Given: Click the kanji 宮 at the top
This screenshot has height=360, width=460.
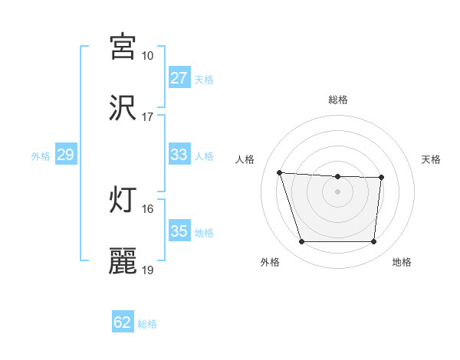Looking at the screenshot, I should (123, 47).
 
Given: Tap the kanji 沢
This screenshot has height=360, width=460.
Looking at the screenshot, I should (123, 107).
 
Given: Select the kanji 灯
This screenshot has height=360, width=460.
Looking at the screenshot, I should (123, 199).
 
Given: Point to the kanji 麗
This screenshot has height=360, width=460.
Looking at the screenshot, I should (123, 260).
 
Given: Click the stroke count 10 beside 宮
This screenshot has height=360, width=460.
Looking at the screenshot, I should (147, 56).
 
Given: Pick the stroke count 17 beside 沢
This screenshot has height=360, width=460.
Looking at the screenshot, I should (147, 117).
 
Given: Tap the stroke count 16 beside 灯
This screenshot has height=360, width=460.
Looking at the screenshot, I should (147, 208).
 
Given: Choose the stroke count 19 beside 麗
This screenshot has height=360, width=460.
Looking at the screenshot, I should (147, 270).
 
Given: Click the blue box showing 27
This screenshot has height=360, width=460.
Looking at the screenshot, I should (179, 78).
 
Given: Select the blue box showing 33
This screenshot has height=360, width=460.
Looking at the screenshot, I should (179, 155).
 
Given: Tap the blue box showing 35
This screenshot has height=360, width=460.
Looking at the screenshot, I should (179, 231).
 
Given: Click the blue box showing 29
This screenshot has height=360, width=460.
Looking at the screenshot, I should (65, 155).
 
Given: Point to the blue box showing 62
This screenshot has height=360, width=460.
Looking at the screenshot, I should (123, 322).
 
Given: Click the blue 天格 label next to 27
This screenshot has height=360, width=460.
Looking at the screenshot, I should (204, 79).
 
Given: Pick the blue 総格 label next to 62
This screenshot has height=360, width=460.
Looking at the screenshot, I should (147, 323).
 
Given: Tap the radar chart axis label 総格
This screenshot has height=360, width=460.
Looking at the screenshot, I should (338, 100).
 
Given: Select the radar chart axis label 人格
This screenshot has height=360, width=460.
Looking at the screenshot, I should (246, 159).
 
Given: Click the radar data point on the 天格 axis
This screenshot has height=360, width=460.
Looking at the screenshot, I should (381, 178).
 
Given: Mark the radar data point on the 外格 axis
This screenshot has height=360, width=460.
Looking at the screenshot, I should (301, 242).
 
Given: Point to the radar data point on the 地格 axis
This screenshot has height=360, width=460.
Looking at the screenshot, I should (373, 242).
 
